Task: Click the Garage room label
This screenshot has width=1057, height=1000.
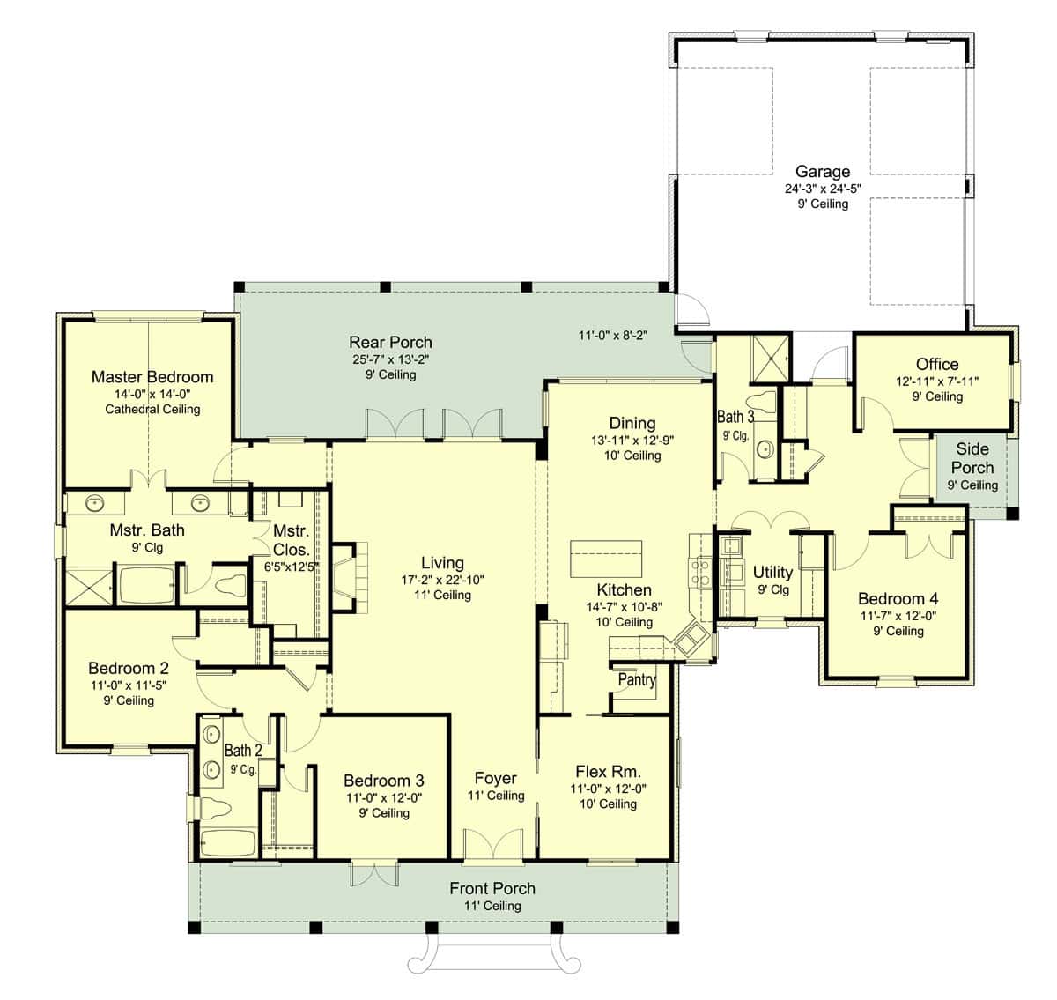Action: [822, 172]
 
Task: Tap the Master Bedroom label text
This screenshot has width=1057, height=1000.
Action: [152, 376]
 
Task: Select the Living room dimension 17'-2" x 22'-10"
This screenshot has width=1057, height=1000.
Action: [442, 580]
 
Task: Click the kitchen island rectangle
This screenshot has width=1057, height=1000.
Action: [606, 559]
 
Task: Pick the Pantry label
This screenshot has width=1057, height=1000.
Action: [637, 680]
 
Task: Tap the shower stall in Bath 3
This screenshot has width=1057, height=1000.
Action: [771, 359]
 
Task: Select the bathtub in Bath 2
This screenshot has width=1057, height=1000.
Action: [227, 842]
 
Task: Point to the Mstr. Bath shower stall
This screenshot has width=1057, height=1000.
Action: [89, 588]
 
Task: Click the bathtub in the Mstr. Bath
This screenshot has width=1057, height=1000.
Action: [147, 584]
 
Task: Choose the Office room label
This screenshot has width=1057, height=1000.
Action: [936, 364]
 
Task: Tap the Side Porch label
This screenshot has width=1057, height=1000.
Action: [972, 458]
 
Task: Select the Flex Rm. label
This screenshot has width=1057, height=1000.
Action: [608, 772]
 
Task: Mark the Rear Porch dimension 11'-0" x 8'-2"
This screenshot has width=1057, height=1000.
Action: [612, 335]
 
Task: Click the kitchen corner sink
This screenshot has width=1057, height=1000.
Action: [691, 641]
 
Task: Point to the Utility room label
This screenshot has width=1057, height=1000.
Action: [772, 572]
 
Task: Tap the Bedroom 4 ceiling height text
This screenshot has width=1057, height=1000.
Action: [898, 631]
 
